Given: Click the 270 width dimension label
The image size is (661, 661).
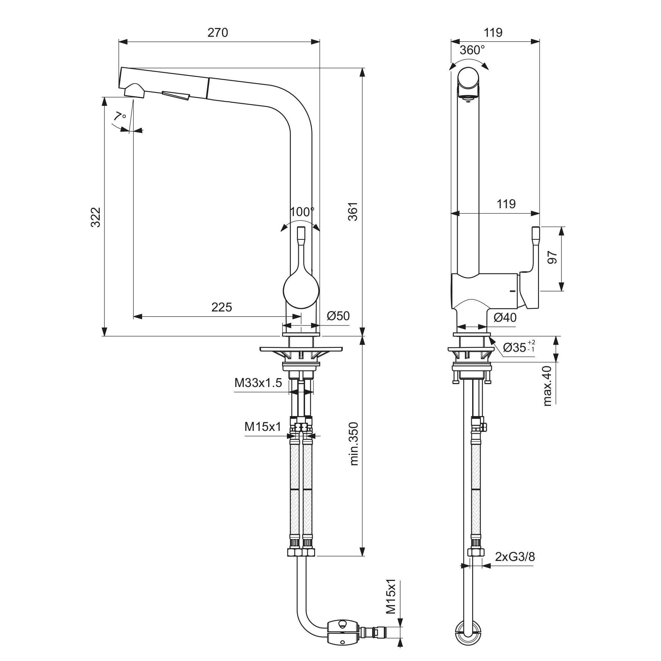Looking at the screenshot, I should pyautogui.click(x=218, y=33).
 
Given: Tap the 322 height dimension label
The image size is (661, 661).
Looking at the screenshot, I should pyautogui.click(x=96, y=217).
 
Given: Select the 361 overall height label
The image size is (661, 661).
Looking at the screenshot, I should pyautogui.click(x=353, y=211).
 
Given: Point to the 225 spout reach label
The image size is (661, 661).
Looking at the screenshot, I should pyautogui.click(x=221, y=307).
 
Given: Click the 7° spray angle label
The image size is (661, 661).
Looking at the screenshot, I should pyautogui.click(x=119, y=116).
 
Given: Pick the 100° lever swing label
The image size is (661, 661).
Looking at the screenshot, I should pyautogui.click(x=302, y=212).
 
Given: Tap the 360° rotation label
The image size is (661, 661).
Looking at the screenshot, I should pyautogui.click(x=472, y=50).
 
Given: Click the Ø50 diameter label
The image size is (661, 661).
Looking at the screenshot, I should pyautogui.click(x=338, y=316).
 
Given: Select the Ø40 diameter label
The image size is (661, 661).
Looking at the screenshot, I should pyautogui.click(x=505, y=318).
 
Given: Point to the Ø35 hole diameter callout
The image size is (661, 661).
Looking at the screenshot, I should pyautogui.click(x=518, y=348).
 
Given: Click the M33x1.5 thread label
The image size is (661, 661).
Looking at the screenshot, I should pyautogui.click(x=258, y=383).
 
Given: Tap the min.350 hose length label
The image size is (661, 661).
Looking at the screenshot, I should pyautogui.click(x=354, y=444).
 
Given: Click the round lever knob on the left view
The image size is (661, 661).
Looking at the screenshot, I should pyautogui.click(x=301, y=291).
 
